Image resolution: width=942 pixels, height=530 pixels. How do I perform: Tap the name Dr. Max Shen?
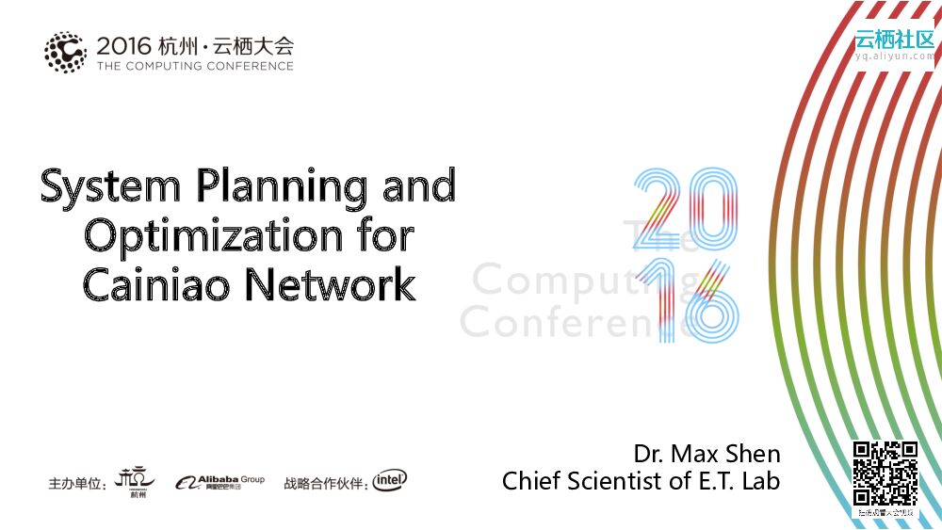coord(706,454)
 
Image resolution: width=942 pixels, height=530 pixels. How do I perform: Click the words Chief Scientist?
coord(583,481)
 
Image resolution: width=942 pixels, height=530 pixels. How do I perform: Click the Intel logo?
coord(390,481)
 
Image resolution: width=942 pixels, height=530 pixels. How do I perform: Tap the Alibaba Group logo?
coord(219,482)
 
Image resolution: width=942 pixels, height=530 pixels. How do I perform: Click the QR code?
coord(885,474)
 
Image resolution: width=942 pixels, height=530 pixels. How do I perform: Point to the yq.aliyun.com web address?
coord(894,56)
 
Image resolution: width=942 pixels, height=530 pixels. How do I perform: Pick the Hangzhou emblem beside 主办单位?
coord(133,481)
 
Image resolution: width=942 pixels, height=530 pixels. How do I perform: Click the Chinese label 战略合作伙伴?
coord(324,484)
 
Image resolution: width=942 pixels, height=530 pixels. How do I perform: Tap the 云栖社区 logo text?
coord(894,39)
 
